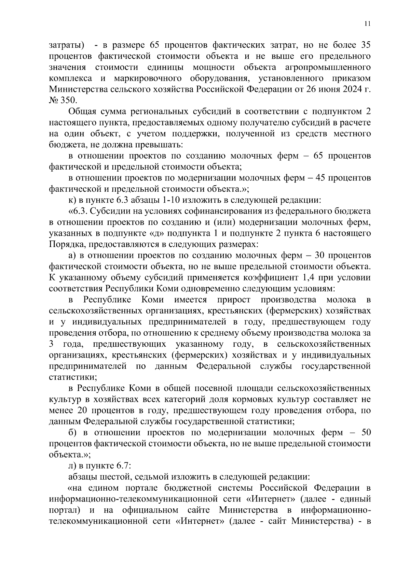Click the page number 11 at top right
pos(367,24)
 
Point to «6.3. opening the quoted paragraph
pos(79,211)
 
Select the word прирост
pos(233,300)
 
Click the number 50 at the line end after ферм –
pos(366,432)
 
